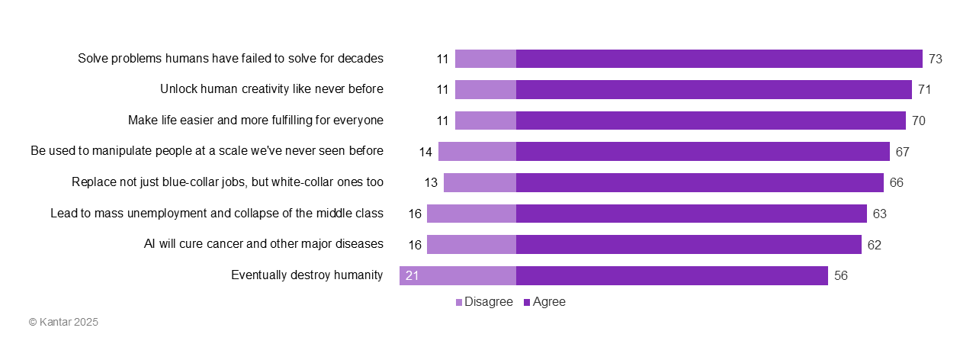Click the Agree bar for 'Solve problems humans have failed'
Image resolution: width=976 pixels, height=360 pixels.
coord(719,59)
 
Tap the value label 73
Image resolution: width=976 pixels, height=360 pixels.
coord(936,59)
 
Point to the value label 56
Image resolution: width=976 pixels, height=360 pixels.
coord(841,276)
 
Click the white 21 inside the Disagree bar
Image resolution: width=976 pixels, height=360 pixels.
coord(412,276)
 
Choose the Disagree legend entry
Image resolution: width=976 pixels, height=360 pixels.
coord(484,302)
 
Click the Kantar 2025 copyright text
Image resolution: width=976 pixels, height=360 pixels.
coord(63,323)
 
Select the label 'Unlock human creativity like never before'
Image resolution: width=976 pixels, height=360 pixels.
coord(271,89)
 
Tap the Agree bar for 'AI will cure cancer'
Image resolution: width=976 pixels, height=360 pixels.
coord(689,244)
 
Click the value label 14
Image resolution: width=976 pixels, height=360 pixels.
coord(425,152)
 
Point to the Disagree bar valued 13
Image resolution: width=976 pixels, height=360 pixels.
coord(480,182)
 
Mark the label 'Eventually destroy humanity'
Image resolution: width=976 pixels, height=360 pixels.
coord(307,275)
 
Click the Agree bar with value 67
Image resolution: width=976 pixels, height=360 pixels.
coord(702,151)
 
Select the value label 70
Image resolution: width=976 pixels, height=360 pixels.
coord(918,121)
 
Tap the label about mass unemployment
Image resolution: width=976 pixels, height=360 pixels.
coord(217,214)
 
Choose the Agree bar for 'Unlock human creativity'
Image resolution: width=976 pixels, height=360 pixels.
coord(714,89)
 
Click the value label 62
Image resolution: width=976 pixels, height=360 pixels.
coord(874,245)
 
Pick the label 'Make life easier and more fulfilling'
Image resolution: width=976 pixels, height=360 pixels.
coord(255,121)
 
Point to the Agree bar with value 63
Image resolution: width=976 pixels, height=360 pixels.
coord(691,214)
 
